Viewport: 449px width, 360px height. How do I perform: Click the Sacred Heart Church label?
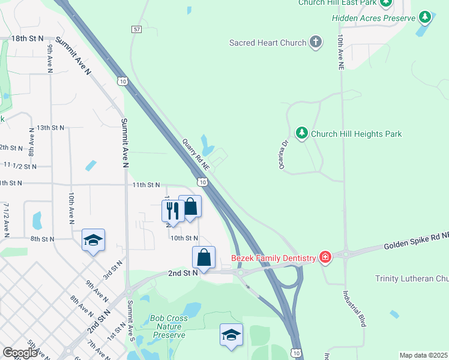[x=267, y=43]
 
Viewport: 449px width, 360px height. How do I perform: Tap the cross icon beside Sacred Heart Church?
[x=316, y=42]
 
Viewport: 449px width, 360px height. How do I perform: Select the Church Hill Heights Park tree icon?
[x=302, y=133]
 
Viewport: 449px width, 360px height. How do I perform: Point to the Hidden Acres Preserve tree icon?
[x=425, y=17]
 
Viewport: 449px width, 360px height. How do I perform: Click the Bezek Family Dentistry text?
[x=273, y=259]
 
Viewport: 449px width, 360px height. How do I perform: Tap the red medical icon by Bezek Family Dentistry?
[x=325, y=257]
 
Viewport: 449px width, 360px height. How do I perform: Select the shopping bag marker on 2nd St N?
[x=203, y=257]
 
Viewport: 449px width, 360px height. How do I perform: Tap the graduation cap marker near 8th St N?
[x=93, y=241]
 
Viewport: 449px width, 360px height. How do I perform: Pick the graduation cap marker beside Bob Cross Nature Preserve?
[x=231, y=335]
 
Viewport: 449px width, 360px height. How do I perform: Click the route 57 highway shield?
[x=137, y=29]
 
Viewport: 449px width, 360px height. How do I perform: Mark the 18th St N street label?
[x=28, y=38]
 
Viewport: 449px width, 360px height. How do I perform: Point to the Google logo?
[x=20, y=353]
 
